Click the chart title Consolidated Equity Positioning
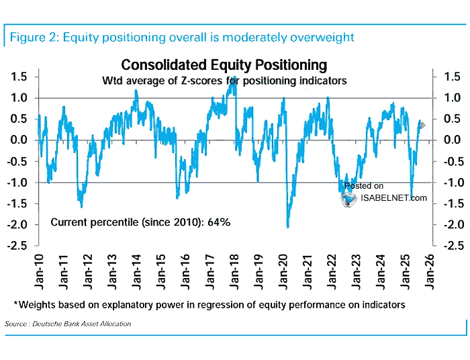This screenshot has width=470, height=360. pos(224,65)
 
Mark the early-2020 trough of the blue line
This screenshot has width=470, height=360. pos(288,226)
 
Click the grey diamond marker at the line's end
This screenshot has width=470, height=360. pos(422,125)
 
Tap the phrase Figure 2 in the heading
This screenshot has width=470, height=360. pos(33,37)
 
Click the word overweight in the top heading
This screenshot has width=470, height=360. pos(320,37)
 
